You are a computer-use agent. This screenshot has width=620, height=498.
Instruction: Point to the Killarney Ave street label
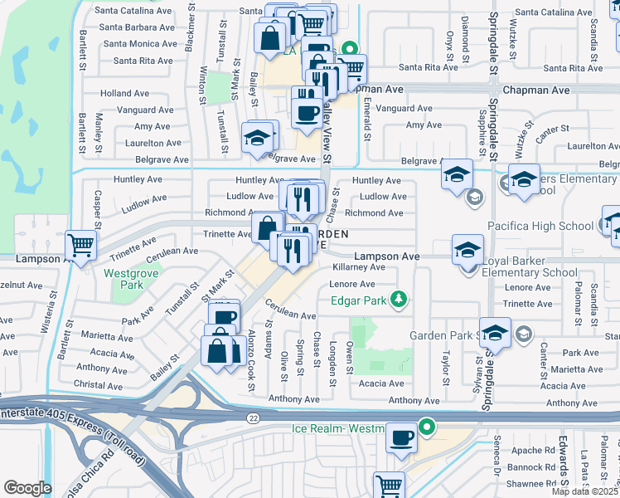358,267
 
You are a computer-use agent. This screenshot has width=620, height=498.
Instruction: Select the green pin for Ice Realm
427,428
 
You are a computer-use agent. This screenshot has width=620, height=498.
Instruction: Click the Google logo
27,488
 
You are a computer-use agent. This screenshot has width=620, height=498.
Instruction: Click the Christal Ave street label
98,384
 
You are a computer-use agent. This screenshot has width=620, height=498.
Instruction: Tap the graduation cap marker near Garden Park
495,333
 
